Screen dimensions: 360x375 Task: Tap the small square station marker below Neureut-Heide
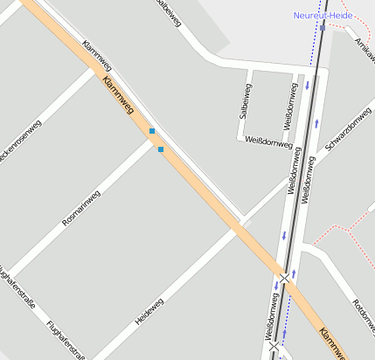(x=323, y=28)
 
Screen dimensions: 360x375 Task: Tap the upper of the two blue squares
(x=152, y=131)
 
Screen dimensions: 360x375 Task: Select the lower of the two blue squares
(x=161, y=149)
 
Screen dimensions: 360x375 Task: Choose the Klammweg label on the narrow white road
(x=96, y=55)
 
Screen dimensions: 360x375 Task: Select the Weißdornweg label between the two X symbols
(x=271, y=315)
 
